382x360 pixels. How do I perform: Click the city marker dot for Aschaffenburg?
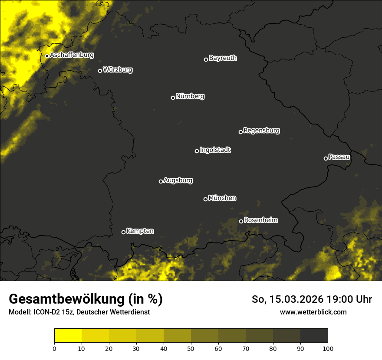pos(47,56)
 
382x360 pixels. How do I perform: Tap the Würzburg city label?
pos(118,70)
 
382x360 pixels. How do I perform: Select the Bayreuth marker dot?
pos(206,59)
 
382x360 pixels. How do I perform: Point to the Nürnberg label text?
pos(190,96)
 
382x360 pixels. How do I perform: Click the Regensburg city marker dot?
pos(240,132)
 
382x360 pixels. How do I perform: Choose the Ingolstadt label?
pos(215,150)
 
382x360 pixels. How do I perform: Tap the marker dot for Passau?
pos(326,158)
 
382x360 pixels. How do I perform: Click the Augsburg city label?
pos(178,180)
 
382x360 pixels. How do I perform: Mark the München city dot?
pos(205,199)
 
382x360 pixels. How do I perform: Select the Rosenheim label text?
pos(260,220)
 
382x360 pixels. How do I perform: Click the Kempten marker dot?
pos(123,232)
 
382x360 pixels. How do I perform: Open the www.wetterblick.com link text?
pos(313,312)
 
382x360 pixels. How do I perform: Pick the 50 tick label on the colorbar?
pos(191,348)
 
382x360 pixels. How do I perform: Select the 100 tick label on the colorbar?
pos(328,348)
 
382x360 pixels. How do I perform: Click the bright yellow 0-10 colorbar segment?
pos(68,336)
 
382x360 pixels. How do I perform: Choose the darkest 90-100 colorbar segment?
pos(314,336)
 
